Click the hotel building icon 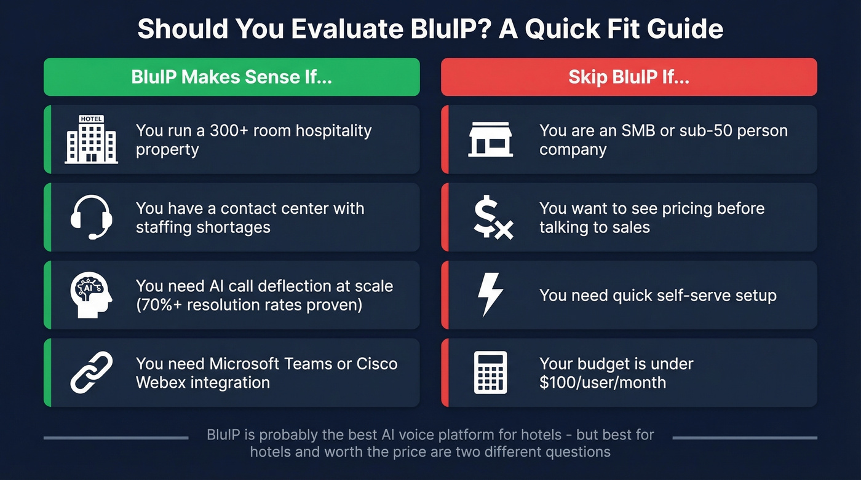pos(91,140)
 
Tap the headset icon pos(91,217)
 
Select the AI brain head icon pos(91,295)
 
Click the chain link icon pos(91,372)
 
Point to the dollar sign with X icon pos(493,218)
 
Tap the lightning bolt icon pos(491,295)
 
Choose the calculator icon pos(490,372)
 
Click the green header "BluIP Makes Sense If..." pos(231,77)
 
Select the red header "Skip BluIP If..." pos(629,77)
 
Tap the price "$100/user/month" pos(602,382)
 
